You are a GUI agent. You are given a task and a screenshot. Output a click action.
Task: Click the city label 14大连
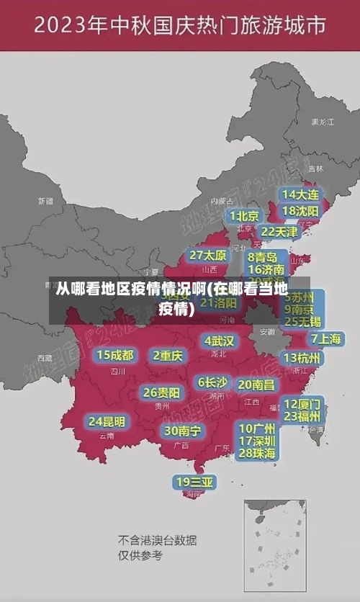pos(300,195)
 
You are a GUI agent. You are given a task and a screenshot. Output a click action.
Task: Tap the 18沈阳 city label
pos(300,211)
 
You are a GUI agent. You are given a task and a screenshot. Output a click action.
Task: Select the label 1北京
pos(245,216)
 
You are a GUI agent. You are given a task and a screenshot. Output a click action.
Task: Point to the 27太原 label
pos(208,256)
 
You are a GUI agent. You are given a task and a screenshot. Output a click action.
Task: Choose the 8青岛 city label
pos(263,257)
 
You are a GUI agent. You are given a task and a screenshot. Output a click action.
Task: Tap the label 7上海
pos(325,338)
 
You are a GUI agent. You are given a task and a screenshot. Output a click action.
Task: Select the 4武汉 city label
pos(220,341)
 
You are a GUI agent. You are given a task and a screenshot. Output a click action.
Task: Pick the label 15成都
pos(115,355)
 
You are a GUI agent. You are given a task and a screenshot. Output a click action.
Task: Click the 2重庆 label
pos(168,356)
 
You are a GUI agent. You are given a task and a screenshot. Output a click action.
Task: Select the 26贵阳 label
pos(161,392)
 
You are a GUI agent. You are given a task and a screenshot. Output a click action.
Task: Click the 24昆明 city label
pos(107,421)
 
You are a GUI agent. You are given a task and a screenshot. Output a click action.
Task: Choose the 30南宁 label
pos(182,431)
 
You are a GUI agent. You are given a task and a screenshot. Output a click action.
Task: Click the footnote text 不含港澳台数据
pos(157,540)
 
